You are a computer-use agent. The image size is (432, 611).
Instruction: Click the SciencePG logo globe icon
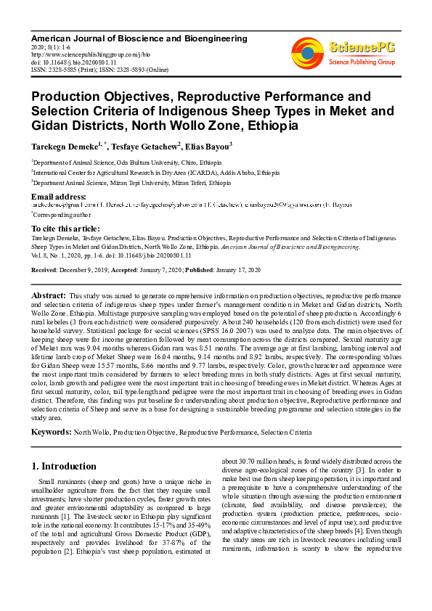(308, 52)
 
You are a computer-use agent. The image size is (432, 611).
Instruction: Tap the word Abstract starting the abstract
(48, 297)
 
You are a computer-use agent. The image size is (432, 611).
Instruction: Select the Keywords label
(51, 432)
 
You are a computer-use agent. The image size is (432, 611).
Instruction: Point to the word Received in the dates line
(45, 269)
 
